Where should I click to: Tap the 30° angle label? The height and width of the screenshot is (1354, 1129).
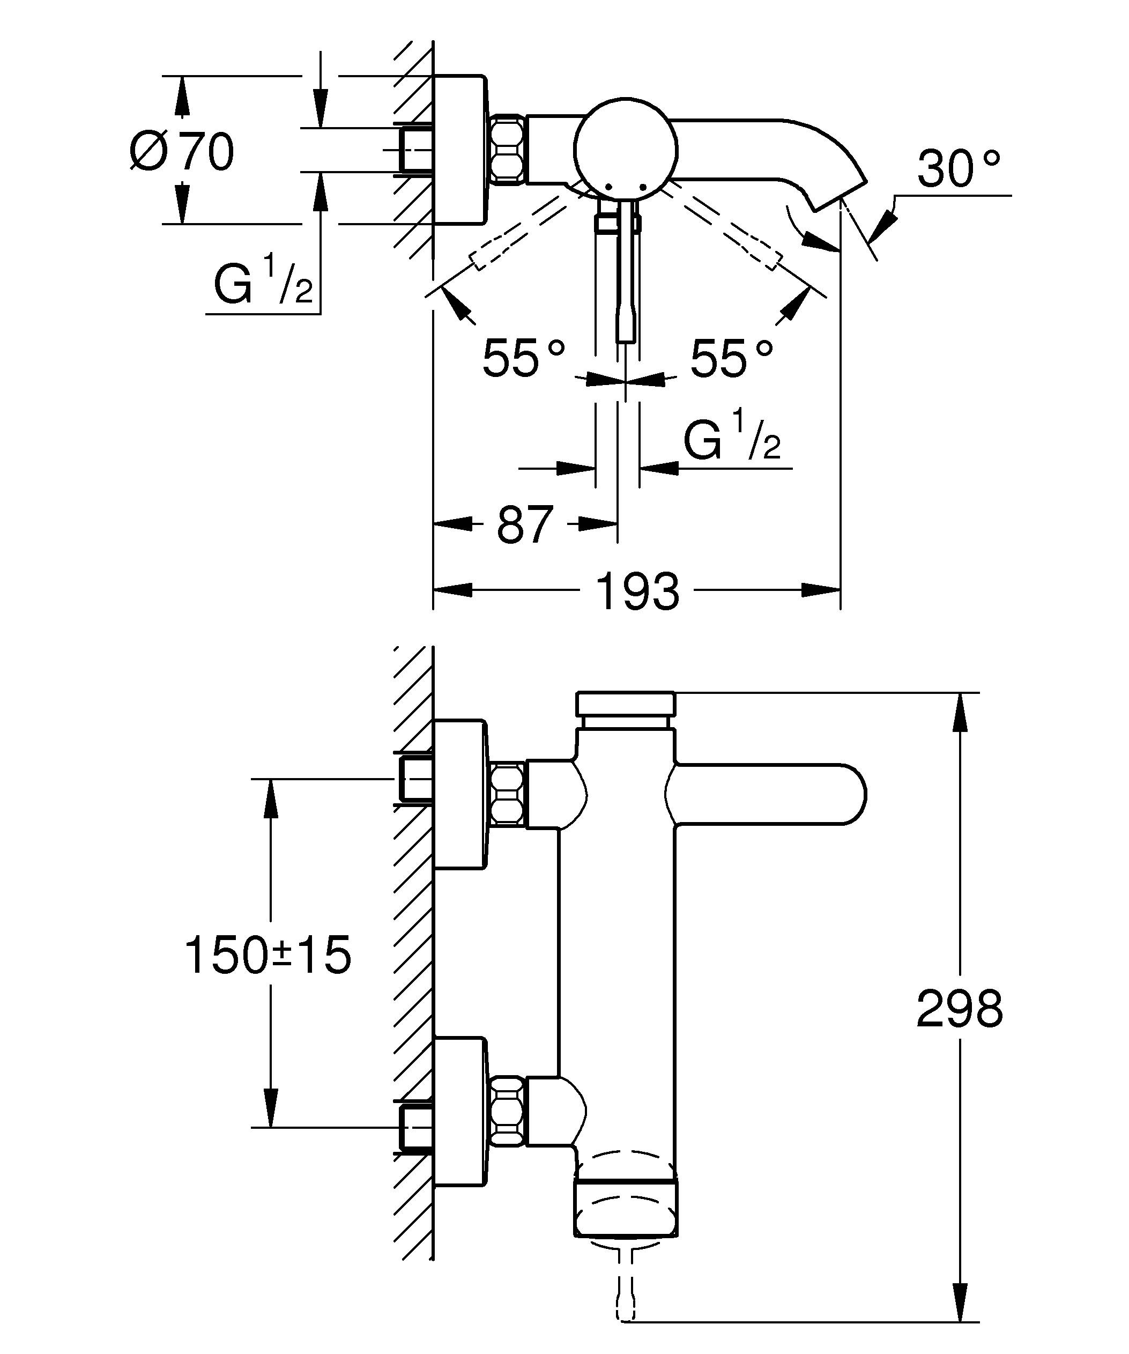coord(959,169)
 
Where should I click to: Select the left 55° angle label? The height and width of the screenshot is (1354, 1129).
coord(523,358)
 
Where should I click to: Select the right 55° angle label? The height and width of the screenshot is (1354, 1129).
coord(731,358)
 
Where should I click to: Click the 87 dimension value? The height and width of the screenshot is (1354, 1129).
coord(524,524)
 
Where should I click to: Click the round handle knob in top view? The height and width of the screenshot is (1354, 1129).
coord(626,150)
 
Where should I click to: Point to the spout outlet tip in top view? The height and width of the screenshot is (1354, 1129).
coord(838,194)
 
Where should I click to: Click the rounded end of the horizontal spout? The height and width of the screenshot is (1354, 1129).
coord(851,794)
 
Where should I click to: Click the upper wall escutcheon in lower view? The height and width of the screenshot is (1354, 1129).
coord(459,794)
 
